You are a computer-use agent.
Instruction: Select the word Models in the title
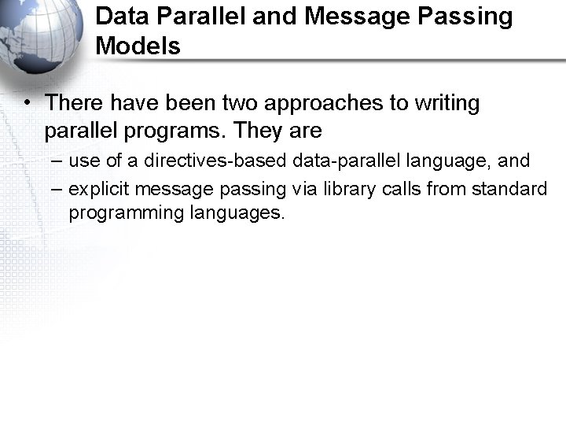coord(138,46)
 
